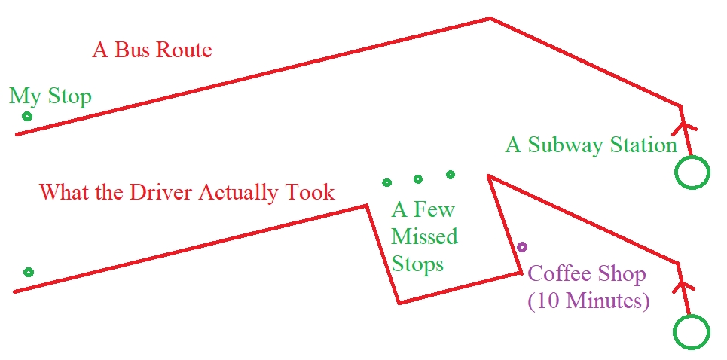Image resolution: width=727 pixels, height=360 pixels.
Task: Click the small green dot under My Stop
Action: [27, 116]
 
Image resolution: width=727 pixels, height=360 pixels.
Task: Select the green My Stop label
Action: [50, 96]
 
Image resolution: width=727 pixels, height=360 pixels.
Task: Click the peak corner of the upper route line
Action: [490, 18]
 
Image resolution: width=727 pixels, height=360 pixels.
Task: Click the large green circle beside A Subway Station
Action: [692, 172]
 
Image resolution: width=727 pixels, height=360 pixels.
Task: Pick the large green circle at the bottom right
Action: [692, 331]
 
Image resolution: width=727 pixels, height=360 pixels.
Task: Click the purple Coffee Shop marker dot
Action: [522, 246]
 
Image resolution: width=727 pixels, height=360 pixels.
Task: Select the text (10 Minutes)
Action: [588, 301]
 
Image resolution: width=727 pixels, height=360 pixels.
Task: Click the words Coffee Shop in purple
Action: [587, 273]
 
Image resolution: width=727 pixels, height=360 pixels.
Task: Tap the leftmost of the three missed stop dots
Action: [387, 182]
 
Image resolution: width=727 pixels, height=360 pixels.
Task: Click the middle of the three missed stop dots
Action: [418, 179]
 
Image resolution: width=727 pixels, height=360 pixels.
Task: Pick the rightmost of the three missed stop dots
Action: [451, 175]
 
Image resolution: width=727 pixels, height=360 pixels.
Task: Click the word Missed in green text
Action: [424, 236]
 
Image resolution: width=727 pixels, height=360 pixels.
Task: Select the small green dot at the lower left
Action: [29, 272]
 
